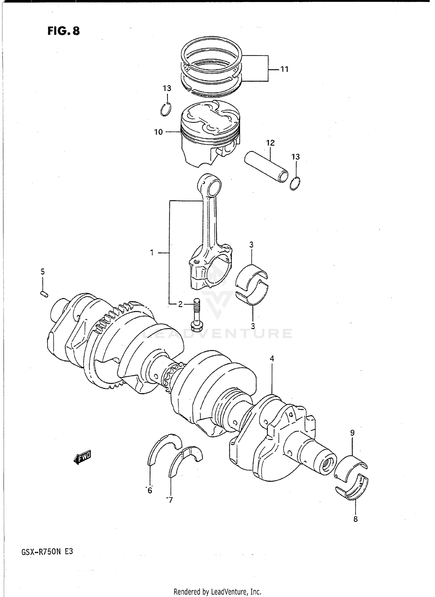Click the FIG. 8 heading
click(64, 31)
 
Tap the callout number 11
click(284, 69)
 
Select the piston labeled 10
click(210, 133)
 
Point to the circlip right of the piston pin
click(295, 184)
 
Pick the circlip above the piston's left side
click(166, 110)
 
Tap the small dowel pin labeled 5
click(44, 294)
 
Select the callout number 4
click(272, 359)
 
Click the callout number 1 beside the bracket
click(152, 253)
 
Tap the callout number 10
click(158, 132)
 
